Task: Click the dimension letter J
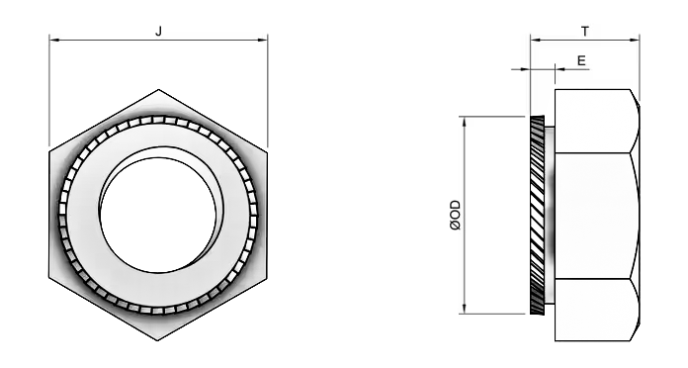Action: pos(159,32)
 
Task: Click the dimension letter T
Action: pos(585,32)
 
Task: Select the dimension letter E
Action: pos(581,60)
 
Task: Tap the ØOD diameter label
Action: pos(456,216)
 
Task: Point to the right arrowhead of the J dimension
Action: pos(262,40)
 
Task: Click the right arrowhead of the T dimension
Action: pos(635,40)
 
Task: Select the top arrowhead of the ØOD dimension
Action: pos(465,122)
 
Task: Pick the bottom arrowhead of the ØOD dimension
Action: pos(465,309)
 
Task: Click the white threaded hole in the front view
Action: pos(158,216)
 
